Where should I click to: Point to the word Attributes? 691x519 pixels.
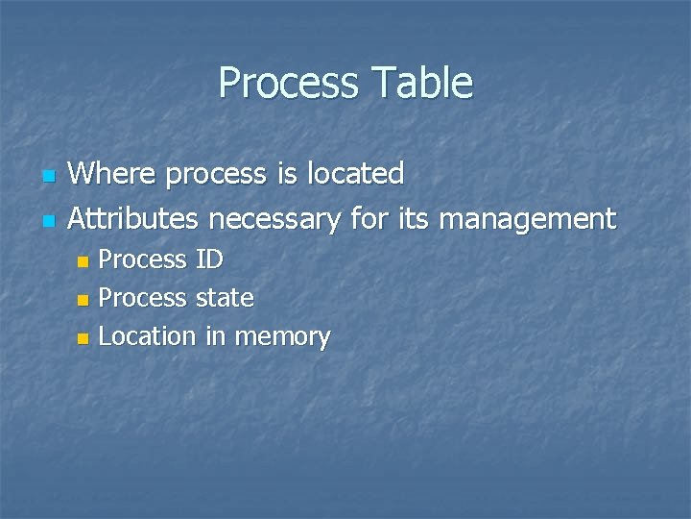(x=133, y=219)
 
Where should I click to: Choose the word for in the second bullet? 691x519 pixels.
(x=368, y=219)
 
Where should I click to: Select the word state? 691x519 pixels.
(x=224, y=299)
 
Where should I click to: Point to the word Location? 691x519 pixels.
(x=147, y=337)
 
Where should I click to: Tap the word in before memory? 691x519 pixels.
(x=214, y=337)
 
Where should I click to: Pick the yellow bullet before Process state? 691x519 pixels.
(x=83, y=300)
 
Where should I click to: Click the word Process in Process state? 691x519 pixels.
(x=143, y=299)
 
